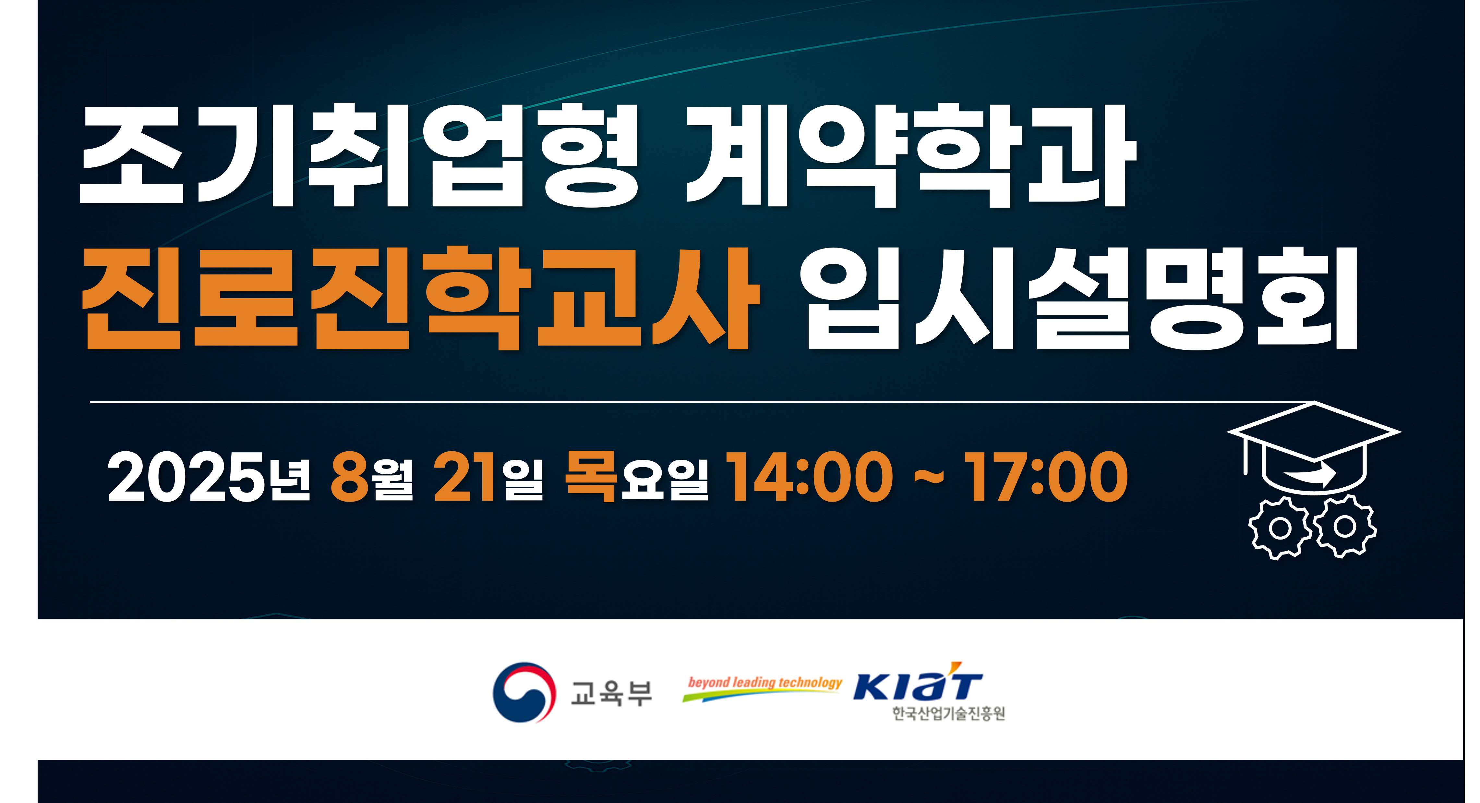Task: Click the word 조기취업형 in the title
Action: tap(359, 155)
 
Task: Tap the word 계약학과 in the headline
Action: tap(912, 155)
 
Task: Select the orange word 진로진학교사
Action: tap(421, 298)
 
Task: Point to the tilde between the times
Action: tap(929, 477)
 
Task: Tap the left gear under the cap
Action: tap(1280, 528)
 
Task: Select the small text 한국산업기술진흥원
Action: tap(949, 713)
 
